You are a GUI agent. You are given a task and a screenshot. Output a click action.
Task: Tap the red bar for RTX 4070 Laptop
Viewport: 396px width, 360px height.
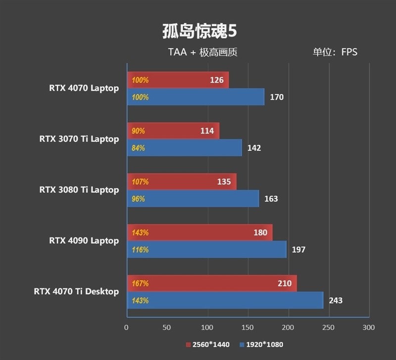(x=178, y=80)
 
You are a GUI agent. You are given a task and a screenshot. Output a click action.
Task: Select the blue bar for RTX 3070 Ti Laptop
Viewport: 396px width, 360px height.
(x=184, y=148)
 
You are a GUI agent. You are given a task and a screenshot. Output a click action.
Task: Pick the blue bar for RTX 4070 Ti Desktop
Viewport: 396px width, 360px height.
(x=225, y=300)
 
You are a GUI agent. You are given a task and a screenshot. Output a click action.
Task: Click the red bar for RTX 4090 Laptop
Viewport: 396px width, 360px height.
(x=200, y=232)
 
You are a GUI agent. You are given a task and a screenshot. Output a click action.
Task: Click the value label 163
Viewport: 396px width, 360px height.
(x=271, y=199)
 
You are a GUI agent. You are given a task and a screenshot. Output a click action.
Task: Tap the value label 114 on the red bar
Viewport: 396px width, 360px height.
(x=206, y=131)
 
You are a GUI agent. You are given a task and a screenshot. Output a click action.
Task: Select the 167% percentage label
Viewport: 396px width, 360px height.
(x=140, y=283)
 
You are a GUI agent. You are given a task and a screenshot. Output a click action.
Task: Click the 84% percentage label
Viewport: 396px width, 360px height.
(x=139, y=148)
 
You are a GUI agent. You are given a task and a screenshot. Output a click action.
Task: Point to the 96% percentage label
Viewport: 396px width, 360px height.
(x=139, y=199)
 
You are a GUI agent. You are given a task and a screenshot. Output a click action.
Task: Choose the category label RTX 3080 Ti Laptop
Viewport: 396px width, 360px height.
(x=79, y=190)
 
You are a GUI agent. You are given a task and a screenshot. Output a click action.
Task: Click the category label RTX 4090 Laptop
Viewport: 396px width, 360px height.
(x=84, y=241)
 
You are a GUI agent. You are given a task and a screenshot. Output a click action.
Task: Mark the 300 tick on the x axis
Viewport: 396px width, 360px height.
(x=368, y=327)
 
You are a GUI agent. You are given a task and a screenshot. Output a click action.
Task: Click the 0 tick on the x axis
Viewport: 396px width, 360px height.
(x=126, y=327)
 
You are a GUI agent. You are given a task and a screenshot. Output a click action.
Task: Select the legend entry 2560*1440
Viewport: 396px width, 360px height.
(x=207, y=345)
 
